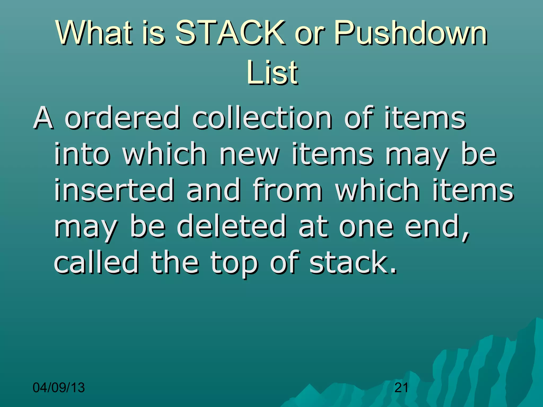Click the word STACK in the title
[x=230, y=33]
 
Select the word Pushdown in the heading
[x=410, y=33]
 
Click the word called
[x=96, y=262]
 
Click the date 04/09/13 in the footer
[x=59, y=388]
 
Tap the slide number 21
[x=401, y=388]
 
